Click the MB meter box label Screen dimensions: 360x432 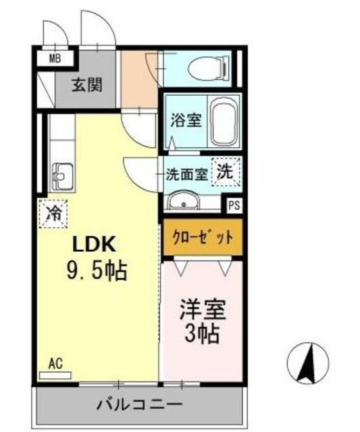(55, 59)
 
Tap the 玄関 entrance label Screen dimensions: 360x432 (87, 84)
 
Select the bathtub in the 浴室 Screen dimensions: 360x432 (224, 122)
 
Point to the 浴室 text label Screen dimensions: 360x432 (186, 120)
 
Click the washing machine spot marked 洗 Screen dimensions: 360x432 (226, 172)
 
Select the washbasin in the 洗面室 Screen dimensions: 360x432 (183, 200)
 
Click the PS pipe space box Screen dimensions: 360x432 (234, 205)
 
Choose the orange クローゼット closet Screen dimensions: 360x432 (203, 237)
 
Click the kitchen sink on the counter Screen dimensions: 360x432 (63, 177)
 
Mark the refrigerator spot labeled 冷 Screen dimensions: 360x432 (53, 214)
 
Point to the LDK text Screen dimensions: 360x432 (94, 244)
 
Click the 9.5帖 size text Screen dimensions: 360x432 (97, 271)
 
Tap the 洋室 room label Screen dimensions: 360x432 (203, 310)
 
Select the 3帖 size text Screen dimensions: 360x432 (202, 333)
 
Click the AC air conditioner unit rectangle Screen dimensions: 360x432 (55, 375)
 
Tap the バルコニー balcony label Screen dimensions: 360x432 (140, 405)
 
